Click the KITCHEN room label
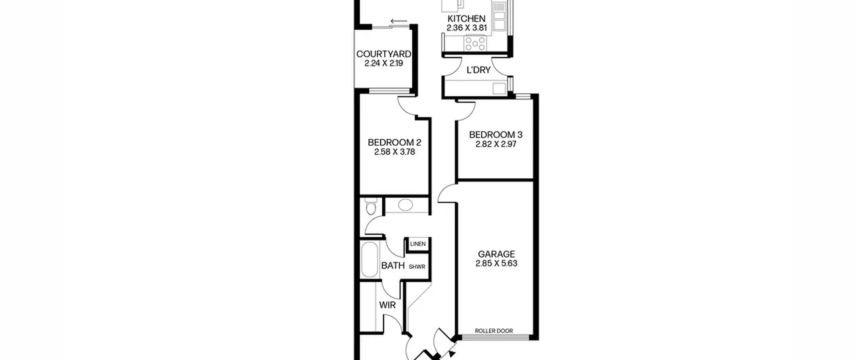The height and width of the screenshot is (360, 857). point(466,18)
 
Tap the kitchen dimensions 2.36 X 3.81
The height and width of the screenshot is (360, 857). point(466,28)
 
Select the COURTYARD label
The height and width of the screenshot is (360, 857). point(384,54)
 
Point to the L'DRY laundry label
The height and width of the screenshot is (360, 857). point(478,70)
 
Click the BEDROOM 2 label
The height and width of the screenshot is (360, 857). point(394,142)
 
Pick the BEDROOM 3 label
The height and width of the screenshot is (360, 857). point(496,135)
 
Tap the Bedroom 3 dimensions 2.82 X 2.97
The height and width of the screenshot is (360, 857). point(496,144)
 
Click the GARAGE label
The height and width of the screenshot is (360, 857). point(496,254)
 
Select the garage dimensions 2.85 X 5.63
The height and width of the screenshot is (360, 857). point(496,263)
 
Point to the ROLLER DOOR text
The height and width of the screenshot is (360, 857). point(494,331)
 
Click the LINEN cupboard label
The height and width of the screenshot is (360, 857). point(418,244)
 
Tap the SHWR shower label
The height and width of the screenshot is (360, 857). point(417,267)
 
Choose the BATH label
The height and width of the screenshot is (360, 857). point(393,266)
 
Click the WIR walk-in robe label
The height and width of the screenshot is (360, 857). point(387,305)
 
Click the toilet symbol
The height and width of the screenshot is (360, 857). point(371,206)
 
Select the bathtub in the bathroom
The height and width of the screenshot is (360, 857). point(370,259)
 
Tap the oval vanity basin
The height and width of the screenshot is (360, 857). point(405,205)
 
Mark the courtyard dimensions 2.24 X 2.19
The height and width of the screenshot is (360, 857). point(384,63)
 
